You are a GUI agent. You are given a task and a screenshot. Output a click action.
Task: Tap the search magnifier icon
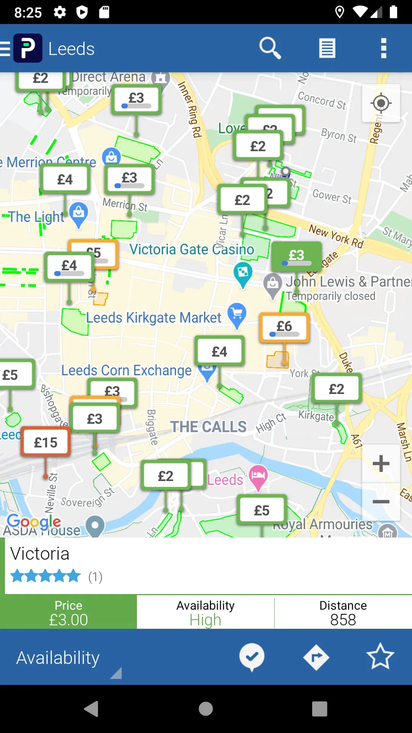pos(270,48)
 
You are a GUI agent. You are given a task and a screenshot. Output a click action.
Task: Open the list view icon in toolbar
pos(327,48)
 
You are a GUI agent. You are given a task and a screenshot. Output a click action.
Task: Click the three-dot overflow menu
pos(383,48)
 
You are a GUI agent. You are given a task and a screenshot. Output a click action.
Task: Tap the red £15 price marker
pos(46,442)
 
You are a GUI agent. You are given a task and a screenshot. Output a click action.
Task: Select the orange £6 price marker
pos(284,327)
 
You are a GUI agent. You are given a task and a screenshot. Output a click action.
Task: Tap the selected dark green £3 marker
pos(296,256)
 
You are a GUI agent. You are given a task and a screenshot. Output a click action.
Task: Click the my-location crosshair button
pos(381,103)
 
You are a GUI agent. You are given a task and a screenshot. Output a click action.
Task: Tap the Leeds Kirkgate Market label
pos(153,318)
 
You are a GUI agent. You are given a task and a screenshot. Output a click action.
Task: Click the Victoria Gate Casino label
pos(192,250)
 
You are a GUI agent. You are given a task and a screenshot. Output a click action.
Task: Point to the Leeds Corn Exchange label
pos(126,370)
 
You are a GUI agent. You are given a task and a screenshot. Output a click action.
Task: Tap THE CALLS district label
pos(208,426)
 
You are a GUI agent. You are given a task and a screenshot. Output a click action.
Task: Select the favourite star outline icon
pos(380,657)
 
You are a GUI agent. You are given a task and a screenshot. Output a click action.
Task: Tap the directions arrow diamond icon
pos(316,657)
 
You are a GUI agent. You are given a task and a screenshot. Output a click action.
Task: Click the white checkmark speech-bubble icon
pos(252,657)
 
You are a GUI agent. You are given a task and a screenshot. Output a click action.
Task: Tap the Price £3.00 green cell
pos(68,612)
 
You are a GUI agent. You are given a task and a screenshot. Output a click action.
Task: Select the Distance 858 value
pos(343,619)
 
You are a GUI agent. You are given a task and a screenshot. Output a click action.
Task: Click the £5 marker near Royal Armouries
pos(262,510)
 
